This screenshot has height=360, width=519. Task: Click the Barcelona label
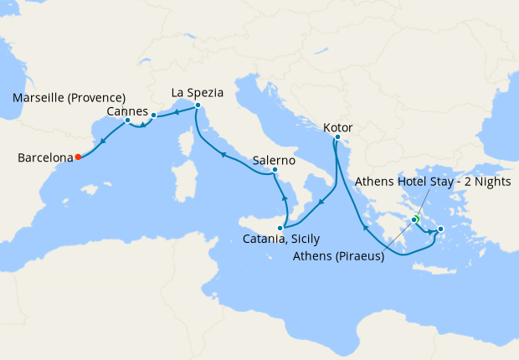pyautogui.click(x=43, y=157)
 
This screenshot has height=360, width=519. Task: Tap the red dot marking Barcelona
pyautogui.click(x=78, y=157)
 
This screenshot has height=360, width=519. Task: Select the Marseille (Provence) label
pyautogui.click(x=69, y=98)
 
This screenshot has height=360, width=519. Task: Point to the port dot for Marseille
pyautogui.click(x=127, y=121)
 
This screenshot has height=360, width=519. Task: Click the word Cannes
pyautogui.click(x=128, y=111)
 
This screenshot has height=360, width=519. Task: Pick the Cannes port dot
pyautogui.click(x=153, y=115)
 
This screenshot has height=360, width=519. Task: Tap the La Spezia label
pyautogui.click(x=198, y=92)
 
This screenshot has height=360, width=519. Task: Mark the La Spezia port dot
pyautogui.click(x=198, y=105)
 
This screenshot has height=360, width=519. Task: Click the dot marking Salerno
pyautogui.click(x=275, y=171)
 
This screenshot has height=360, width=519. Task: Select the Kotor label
pyautogui.click(x=337, y=127)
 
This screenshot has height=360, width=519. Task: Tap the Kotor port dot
pyautogui.click(x=337, y=137)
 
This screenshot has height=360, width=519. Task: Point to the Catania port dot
pyautogui.click(x=280, y=228)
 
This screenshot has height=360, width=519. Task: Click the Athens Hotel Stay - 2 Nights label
pyautogui.click(x=433, y=182)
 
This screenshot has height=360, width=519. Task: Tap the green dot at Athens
pyautogui.click(x=414, y=219)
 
